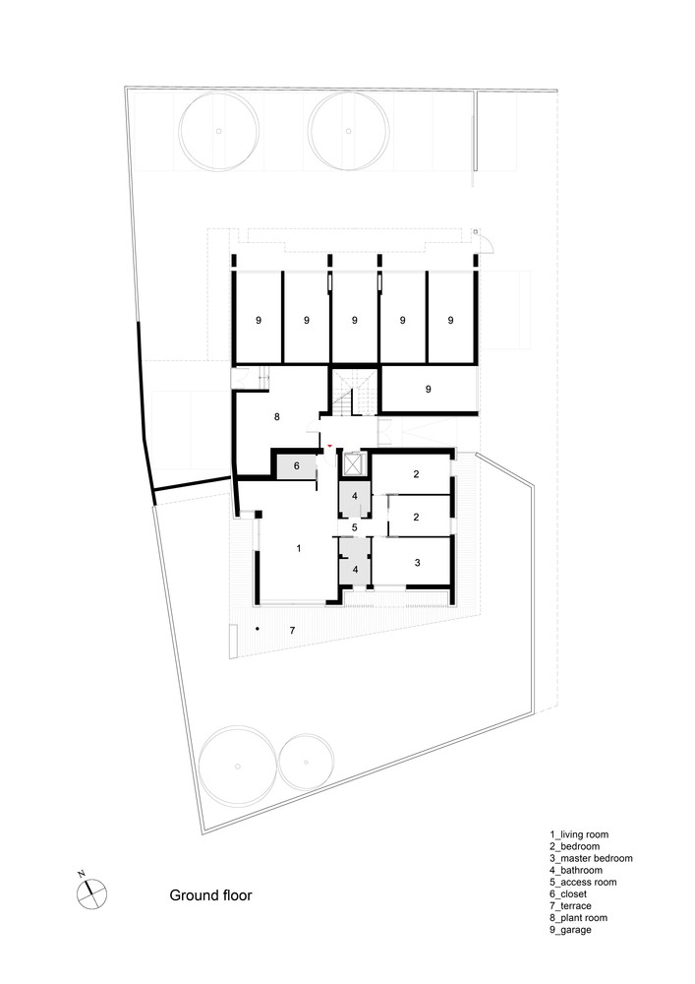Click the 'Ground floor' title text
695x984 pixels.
[x=210, y=895]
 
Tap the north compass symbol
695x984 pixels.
[x=91, y=892]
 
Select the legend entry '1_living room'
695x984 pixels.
[x=579, y=834]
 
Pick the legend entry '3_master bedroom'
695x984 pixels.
[x=591, y=858]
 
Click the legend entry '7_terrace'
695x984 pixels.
[x=570, y=906]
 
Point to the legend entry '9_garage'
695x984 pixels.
[x=570, y=930]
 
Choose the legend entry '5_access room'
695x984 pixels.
[x=583, y=883]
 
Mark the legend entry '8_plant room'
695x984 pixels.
[x=578, y=918]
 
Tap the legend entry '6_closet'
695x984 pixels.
[x=568, y=894]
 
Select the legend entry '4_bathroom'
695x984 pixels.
[x=576, y=871]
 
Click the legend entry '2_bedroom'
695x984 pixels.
[x=575, y=846]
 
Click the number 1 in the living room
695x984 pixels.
[x=299, y=548]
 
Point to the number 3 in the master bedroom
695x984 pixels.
[x=418, y=563]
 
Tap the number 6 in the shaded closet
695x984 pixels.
[x=297, y=466]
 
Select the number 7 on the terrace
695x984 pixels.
[x=292, y=630]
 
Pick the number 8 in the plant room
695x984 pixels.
[x=277, y=416]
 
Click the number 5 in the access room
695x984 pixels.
[x=354, y=527]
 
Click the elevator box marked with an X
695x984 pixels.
[x=354, y=464]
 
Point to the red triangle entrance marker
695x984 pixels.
[x=329, y=445]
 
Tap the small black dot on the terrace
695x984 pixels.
[x=258, y=628]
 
